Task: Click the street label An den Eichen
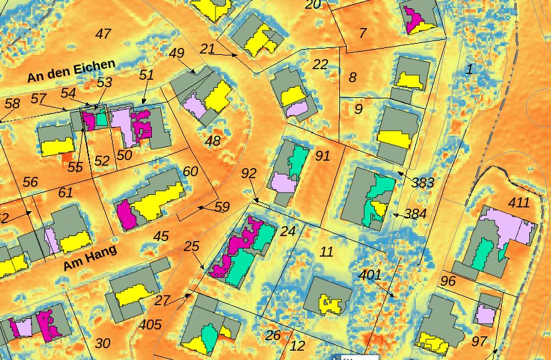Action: (71, 71)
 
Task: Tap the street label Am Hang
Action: (90, 256)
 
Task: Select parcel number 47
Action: (103, 34)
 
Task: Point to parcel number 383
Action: (423, 182)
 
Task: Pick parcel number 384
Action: (415, 214)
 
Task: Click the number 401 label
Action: (370, 275)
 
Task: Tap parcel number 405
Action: (150, 324)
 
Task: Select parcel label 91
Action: (322, 156)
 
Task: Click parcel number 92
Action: (248, 173)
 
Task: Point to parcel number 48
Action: (213, 141)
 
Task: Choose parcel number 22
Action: (320, 65)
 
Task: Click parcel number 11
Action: (326, 252)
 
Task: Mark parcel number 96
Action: (448, 282)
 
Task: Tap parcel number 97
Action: (479, 341)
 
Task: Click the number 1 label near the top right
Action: (470, 69)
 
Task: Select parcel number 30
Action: (103, 343)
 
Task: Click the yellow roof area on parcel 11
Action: (331, 304)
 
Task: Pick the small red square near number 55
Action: (67, 158)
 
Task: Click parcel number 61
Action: (65, 193)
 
